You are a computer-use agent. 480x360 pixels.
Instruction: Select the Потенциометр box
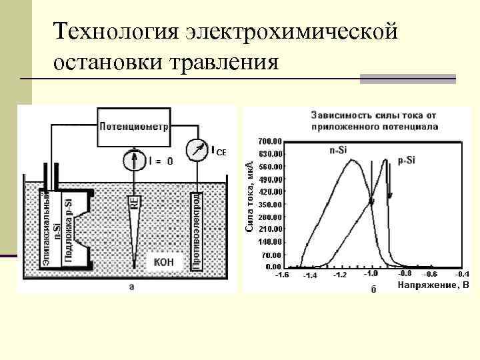(x=135, y=125)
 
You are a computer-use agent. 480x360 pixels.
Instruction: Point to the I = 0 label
(x=160, y=161)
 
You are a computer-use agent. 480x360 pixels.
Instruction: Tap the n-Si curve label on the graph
(x=337, y=150)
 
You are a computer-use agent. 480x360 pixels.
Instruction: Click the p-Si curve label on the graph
(x=407, y=161)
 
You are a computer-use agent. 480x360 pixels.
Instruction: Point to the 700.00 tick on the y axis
(x=269, y=141)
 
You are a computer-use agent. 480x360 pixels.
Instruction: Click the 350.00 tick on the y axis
(x=269, y=205)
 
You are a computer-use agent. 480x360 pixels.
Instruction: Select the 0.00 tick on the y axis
(x=273, y=267)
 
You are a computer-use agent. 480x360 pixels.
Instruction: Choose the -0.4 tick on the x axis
(x=462, y=274)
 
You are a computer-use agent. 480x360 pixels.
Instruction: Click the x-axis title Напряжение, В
(x=434, y=285)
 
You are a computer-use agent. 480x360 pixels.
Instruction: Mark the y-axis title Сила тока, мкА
(x=249, y=197)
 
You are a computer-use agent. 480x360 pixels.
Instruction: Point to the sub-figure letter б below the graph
(x=373, y=296)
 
